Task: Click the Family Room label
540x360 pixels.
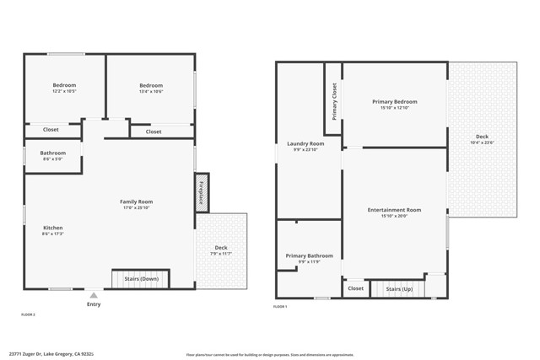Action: click(x=136, y=201)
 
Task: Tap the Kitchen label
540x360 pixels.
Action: click(x=53, y=228)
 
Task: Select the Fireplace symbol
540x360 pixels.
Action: click(x=202, y=193)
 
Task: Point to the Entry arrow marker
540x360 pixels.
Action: click(x=93, y=296)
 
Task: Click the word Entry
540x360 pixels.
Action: click(x=93, y=305)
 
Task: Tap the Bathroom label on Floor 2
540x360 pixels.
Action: click(x=52, y=153)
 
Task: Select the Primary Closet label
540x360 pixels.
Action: click(x=334, y=101)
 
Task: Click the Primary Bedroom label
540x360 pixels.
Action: click(x=395, y=101)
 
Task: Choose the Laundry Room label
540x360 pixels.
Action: click(x=305, y=143)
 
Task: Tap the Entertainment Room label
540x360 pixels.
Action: click(x=394, y=209)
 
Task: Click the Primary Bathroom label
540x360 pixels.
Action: click(x=309, y=255)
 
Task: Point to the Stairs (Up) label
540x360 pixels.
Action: click(x=398, y=288)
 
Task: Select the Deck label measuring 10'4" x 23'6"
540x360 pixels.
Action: click(x=482, y=137)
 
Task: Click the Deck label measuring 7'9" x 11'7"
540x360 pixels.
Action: click(x=220, y=248)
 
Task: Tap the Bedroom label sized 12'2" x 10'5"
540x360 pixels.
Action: click(x=65, y=85)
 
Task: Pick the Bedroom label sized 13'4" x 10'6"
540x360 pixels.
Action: click(x=151, y=85)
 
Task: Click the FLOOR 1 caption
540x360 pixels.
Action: click(x=280, y=307)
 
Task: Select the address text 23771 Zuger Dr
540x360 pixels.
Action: click(x=30, y=354)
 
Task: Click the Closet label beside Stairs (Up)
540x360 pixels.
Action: click(x=355, y=288)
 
